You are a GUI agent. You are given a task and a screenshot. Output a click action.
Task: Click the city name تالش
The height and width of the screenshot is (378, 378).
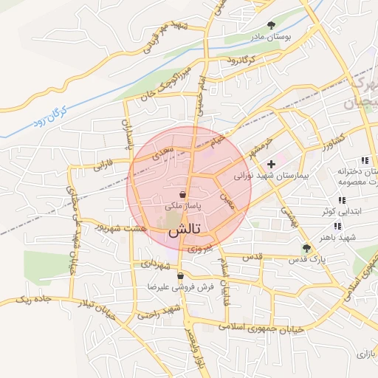tap(184, 230)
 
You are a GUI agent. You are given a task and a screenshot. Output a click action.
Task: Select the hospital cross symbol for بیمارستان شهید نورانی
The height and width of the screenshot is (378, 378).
tap(271, 163)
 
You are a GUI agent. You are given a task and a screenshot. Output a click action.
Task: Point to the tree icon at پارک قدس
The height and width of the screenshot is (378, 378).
tap(306, 248)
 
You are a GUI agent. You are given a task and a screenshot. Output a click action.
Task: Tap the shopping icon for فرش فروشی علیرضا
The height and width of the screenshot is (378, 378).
tap(180, 277)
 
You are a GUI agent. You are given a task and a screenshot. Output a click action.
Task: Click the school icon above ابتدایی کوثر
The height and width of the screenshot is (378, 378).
tap(341, 200)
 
